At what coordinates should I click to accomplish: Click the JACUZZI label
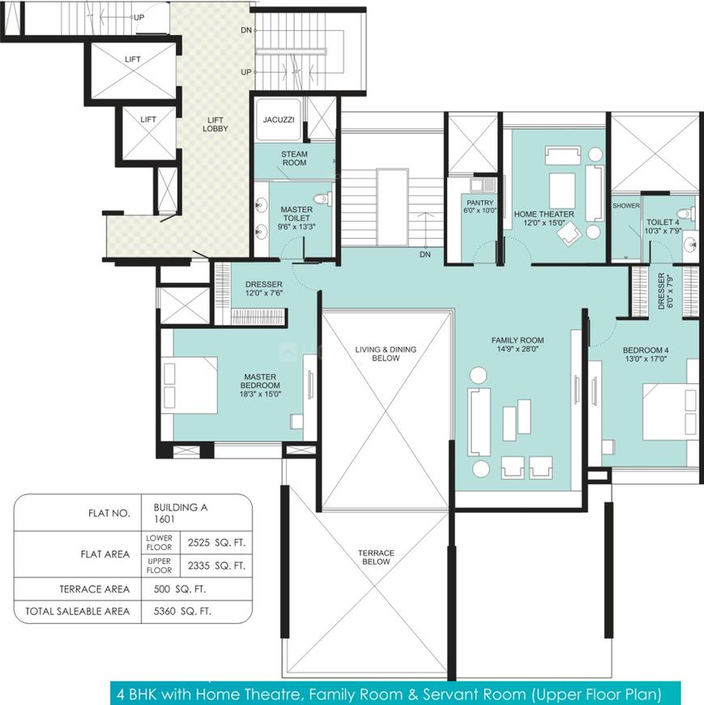[x=279, y=120]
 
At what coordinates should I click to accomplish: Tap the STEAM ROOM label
[x=294, y=158]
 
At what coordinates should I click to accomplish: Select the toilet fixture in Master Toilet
[x=322, y=199]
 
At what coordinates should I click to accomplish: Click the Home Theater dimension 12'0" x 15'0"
[x=544, y=223]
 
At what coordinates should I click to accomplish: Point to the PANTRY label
[x=480, y=203]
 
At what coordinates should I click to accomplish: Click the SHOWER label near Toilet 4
[x=625, y=206]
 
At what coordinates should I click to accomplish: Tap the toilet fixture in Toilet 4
[x=686, y=212]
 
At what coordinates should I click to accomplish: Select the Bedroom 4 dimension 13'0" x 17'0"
[x=646, y=359]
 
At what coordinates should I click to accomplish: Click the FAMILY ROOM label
[x=518, y=340]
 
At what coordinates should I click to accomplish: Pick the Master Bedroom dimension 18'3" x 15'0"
[x=260, y=394]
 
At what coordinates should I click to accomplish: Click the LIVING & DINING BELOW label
[x=386, y=354]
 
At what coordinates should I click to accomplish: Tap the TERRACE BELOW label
[x=376, y=558]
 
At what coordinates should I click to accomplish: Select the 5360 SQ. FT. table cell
[x=182, y=612]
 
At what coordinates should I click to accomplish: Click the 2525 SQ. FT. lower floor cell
[x=216, y=543]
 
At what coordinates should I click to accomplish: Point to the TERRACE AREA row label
[x=95, y=589]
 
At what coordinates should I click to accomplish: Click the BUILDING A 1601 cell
[x=181, y=513]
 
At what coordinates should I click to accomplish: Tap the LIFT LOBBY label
[x=215, y=124]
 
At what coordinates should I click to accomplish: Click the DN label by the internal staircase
[x=425, y=254]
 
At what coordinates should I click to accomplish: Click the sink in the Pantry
[x=476, y=184]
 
